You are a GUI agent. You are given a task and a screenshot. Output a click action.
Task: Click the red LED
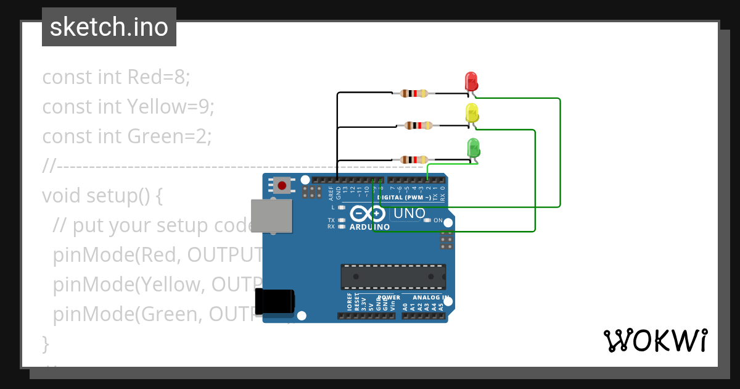pyautogui.click(x=471, y=82)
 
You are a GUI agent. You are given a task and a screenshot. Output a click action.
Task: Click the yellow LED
pyautogui.click(x=472, y=113)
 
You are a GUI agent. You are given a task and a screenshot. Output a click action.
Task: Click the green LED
pyautogui.click(x=474, y=148)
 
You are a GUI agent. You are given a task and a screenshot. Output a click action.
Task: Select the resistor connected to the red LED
pyautogui.click(x=414, y=94)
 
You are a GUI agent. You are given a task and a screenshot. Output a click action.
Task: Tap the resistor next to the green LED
pyautogui.click(x=414, y=160)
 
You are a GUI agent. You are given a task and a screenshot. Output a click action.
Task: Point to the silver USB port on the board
pyautogui.click(x=271, y=215)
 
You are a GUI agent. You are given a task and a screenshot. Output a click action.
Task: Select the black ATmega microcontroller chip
pyautogui.click(x=393, y=277)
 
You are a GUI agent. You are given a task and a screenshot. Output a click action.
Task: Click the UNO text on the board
pyautogui.click(x=409, y=214)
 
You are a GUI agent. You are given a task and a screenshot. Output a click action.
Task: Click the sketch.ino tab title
pyautogui.click(x=109, y=27)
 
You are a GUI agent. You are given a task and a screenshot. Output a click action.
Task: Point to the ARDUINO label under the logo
pyautogui.click(x=369, y=227)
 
